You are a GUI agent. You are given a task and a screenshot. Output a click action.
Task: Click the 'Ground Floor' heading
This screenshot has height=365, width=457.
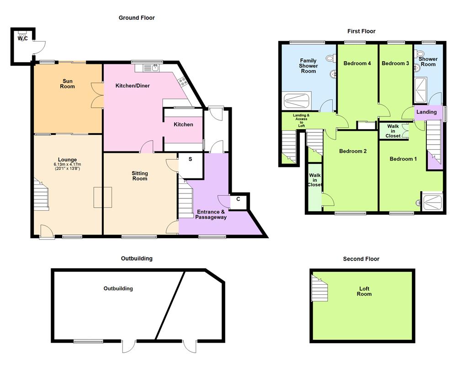click(x=137, y=18)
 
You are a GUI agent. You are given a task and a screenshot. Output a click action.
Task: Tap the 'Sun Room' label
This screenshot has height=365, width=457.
click(x=68, y=83)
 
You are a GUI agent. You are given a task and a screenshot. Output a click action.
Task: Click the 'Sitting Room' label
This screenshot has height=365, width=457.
click(x=140, y=176)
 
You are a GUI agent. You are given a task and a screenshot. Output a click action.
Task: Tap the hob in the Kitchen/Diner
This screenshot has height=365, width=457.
click(x=183, y=82)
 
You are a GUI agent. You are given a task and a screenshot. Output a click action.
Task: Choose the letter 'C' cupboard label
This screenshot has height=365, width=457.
click(x=238, y=199)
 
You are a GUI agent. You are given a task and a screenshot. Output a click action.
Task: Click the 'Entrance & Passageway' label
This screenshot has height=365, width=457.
click(x=212, y=214)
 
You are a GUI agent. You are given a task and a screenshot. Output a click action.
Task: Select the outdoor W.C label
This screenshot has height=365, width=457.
click(x=23, y=38)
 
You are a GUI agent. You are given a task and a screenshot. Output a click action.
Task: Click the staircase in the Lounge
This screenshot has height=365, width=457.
click(x=41, y=193)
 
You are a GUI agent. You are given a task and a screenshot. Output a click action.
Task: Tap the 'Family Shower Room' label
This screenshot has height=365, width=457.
click(x=308, y=66)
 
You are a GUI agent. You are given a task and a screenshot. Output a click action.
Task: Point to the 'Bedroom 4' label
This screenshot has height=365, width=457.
click(x=357, y=63)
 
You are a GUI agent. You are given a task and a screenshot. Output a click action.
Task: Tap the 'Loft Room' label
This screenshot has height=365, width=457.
click(x=364, y=292)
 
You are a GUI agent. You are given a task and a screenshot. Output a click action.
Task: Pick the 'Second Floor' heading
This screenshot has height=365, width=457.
click(x=361, y=259)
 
